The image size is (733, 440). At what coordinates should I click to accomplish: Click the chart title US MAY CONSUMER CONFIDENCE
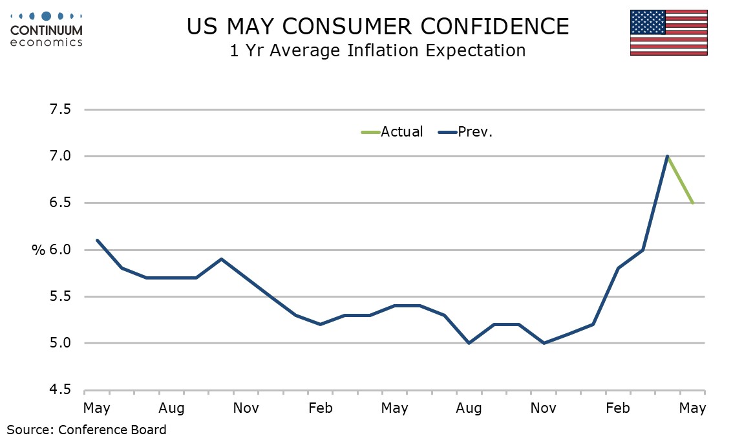pos(377,27)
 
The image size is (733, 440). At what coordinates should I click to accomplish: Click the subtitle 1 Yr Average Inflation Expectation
pos(377,50)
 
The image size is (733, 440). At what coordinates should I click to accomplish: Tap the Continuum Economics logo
pos(47,28)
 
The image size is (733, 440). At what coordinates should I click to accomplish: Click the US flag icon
pos(668,33)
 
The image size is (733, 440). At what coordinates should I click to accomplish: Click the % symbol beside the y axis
pos(37,250)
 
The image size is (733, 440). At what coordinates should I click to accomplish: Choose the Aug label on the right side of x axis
pos(469,409)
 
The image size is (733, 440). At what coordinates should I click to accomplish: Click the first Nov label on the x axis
pos(246,409)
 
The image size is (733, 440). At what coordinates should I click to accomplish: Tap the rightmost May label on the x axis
pos(692,409)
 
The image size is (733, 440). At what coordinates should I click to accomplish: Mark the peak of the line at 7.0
pos(667,156)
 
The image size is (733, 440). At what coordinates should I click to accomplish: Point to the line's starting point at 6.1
pos(97,240)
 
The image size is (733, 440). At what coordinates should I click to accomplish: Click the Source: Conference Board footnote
pos(87,429)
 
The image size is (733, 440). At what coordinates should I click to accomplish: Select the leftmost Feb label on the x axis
pos(320,409)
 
